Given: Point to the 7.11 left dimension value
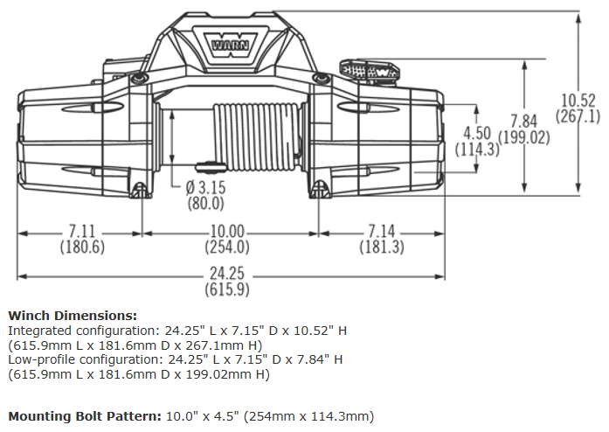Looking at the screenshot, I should [x=82, y=233].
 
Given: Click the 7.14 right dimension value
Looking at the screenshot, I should [x=382, y=233].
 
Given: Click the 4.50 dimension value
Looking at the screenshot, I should [x=478, y=134].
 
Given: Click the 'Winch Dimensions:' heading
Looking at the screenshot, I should [x=73, y=316].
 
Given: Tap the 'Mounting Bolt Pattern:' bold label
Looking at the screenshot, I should [x=84, y=416].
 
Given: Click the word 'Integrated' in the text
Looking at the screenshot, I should [x=38, y=331].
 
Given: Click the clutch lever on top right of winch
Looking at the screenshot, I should [x=367, y=69].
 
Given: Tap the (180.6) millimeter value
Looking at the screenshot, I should [x=82, y=247].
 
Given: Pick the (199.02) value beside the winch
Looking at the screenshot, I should [x=526, y=137].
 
